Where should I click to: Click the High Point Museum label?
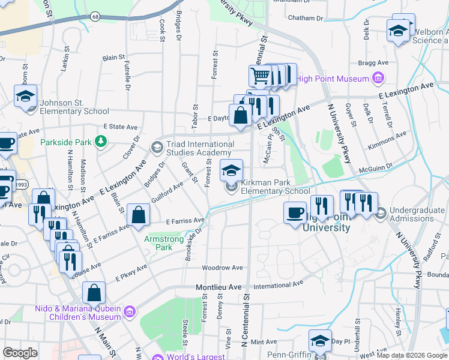click(x=333, y=79)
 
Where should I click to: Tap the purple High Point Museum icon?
click(x=378, y=79)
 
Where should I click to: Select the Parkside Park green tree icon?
click(x=101, y=142)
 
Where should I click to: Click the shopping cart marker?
click(x=260, y=76)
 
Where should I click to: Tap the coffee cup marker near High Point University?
click(x=295, y=213)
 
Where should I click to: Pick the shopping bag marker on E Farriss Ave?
click(x=139, y=215)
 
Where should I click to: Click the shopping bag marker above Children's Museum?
click(x=95, y=293)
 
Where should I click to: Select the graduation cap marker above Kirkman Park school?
click(x=231, y=171)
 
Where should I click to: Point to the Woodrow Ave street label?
click(x=223, y=267)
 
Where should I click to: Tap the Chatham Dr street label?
click(x=306, y=18)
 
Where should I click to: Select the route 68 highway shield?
click(x=95, y=16)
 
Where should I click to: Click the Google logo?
click(x=20, y=353)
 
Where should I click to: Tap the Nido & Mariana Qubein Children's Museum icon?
click(x=130, y=310)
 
